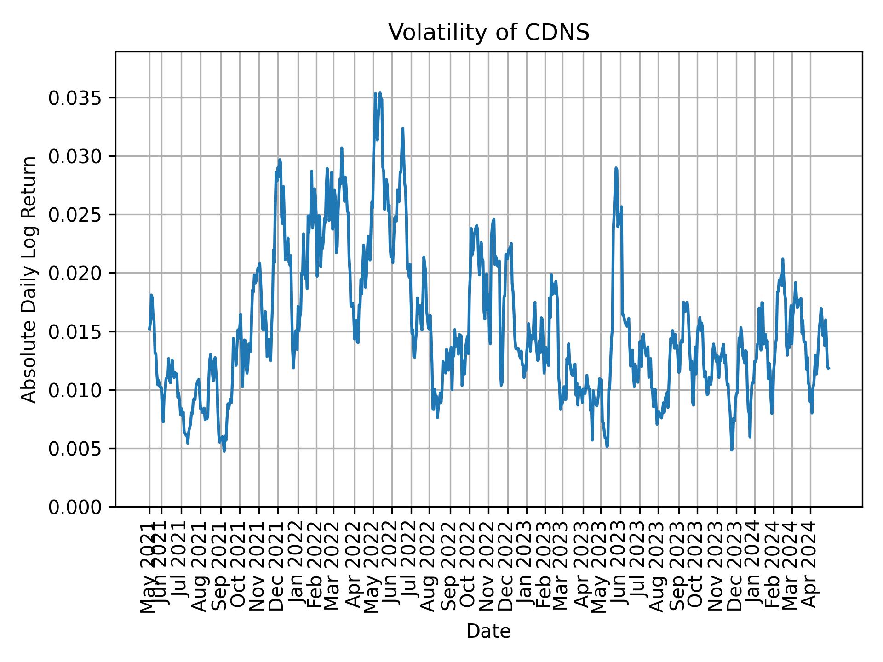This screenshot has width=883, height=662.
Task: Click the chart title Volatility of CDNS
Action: tap(488, 33)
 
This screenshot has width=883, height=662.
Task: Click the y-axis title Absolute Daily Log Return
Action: tap(29, 279)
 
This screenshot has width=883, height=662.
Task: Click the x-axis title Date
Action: tap(488, 631)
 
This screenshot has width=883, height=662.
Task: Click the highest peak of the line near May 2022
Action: tap(376, 93)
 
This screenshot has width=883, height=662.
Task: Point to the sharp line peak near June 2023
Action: tap(616, 168)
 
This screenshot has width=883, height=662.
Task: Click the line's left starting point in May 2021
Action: tap(149, 329)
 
